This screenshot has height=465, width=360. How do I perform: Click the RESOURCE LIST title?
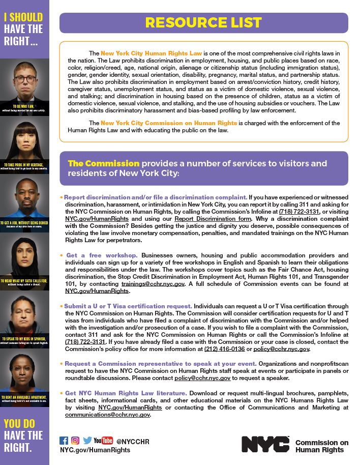[x=203, y=23]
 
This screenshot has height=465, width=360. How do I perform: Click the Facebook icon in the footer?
[x=64, y=441]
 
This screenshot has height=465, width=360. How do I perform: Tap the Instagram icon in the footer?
[x=75, y=441]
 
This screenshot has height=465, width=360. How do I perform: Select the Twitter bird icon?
[x=87, y=441]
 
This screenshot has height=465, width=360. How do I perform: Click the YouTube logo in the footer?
[x=103, y=441]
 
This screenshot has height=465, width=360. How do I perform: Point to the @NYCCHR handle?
[x=133, y=441]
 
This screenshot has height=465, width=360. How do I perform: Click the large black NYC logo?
[x=265, y=444]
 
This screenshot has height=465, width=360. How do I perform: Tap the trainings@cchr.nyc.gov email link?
[x=159, y=284]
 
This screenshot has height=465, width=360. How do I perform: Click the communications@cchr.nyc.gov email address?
[x=108, y=415]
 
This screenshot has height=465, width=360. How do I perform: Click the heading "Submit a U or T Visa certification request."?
[x=128, y=306]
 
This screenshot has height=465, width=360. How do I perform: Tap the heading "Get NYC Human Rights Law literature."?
[x=126, y=393]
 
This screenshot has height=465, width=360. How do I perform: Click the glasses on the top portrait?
[x=25, y=79]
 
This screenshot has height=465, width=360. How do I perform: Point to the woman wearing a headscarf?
[x=24, y=259]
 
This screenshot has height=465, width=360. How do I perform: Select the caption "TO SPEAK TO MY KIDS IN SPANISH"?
[x=23, y=338]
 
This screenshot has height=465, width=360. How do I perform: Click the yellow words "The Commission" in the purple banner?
[x=104, y=163]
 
